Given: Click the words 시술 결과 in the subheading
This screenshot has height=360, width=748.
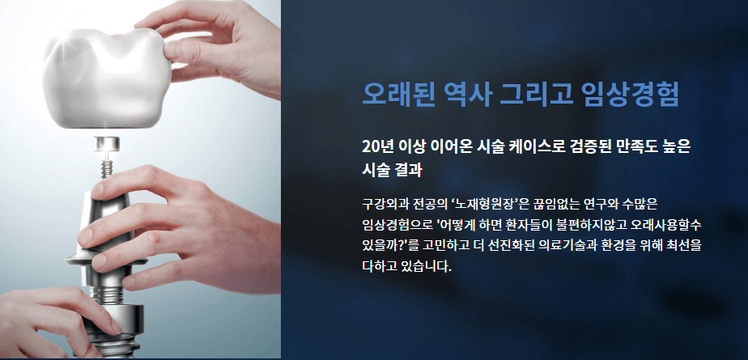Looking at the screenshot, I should click(394, 171).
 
